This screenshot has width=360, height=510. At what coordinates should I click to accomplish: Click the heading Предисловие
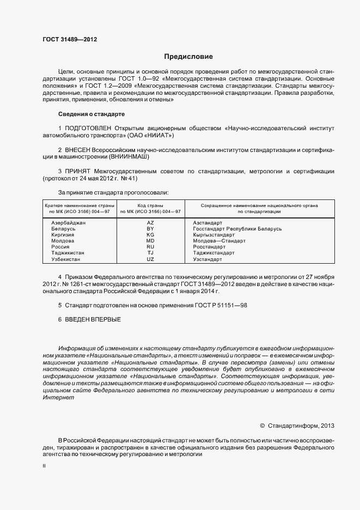coord(188,57)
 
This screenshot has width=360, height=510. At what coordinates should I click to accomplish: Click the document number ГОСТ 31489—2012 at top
coord(70,40)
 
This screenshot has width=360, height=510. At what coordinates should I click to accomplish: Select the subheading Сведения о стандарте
coord(91,114)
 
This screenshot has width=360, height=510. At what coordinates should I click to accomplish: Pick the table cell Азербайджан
coord(69,223)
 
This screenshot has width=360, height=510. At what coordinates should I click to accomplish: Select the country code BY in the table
coord(150,229)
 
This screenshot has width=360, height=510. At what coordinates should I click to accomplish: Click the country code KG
coord(150,235)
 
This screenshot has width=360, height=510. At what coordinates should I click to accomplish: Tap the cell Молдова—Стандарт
coord(219,241)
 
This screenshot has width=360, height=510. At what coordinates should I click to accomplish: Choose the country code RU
coord(150,247)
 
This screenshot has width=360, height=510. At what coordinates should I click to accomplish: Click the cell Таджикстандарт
coord(213,253)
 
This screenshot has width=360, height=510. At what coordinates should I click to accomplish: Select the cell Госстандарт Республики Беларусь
coord(237,229)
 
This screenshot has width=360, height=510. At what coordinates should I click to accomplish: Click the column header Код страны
coord(150,205)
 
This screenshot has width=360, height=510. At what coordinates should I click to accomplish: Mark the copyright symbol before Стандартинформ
coord(262,426)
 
